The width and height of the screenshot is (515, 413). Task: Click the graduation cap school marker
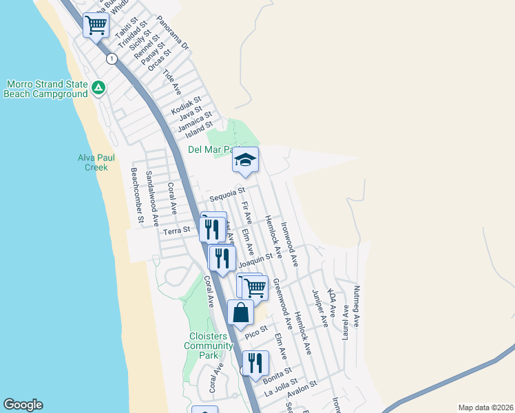[x=245, y=160]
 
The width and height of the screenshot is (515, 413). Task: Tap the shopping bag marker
[x=241, y=312]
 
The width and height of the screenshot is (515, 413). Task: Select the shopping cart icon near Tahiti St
[x=96, y=25]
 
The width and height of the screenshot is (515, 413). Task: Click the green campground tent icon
[x=98, y=87]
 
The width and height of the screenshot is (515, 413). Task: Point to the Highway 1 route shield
[x=110, y=59]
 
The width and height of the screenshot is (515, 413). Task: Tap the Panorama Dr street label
[x=171, y=34]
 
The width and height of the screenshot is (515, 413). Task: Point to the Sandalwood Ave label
[x=151, y=200]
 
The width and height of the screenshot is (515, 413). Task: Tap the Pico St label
[x=255, y=332]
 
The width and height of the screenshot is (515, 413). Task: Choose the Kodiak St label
[x=186, y=105]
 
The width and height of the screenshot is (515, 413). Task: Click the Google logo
[x=23, y=405]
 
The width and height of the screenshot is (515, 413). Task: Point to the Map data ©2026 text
[x=486, y=407]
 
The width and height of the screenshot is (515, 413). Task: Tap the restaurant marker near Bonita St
[x=255, y=362]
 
